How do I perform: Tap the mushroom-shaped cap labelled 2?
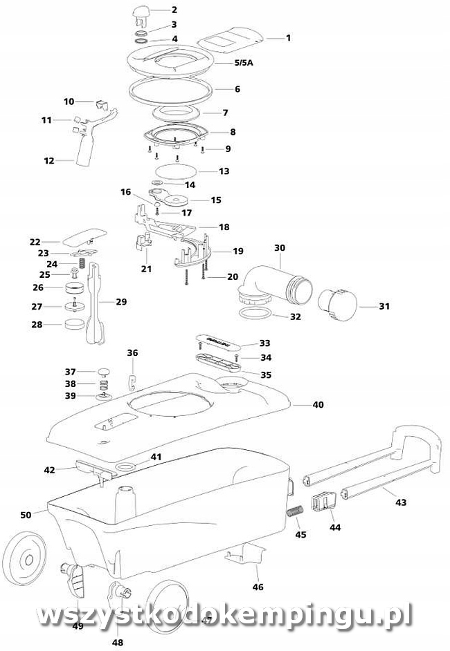(x=142, y=11)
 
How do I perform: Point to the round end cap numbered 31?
(x=337, y=305)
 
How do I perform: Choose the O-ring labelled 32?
(x=254, y=316)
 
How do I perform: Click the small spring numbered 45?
(x=295, y=514)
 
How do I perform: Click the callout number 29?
(x=121, y=302)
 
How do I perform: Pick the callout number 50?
(x=26, y=515)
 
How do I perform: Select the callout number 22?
(x=35, y=242)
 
